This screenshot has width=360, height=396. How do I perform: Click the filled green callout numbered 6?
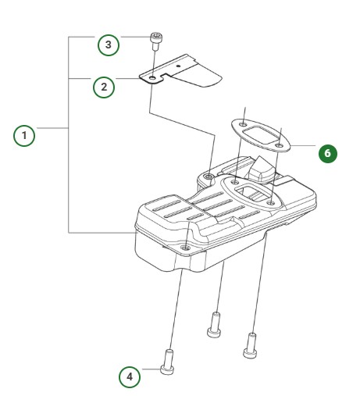tap(327, 153)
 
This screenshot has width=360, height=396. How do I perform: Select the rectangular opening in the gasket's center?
tap(261, 133)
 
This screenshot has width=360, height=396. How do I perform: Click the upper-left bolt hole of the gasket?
tap(244, 124)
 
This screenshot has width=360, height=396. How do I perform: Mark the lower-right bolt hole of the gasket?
tap(279, 143)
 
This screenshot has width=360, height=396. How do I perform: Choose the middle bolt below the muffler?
tap(213, 324)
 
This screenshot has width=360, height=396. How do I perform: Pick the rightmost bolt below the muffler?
tap(251, 341)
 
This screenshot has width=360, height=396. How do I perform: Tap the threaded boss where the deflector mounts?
tap(209, 178)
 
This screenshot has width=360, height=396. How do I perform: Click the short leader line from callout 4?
tap(149, 376)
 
